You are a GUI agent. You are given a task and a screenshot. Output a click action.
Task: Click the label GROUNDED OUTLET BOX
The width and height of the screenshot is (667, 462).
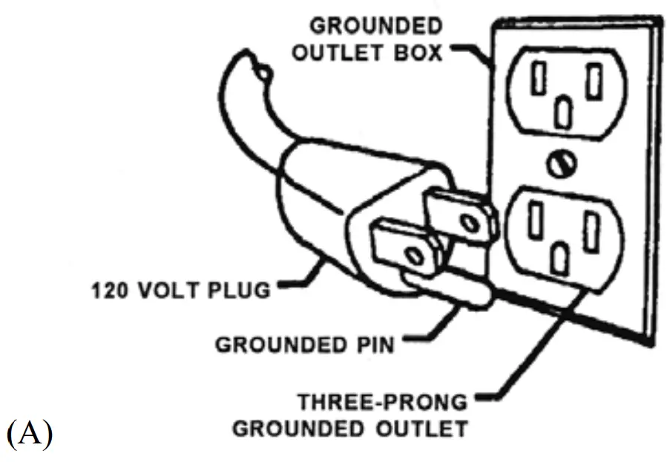pos(375,39)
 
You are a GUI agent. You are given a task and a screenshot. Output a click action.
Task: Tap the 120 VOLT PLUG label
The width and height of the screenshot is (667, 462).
pos(181,289)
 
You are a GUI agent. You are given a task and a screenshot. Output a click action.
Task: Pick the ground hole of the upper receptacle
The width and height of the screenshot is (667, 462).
pos(565,111)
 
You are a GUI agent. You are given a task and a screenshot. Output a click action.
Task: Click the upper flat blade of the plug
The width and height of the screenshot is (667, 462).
pos(460,216)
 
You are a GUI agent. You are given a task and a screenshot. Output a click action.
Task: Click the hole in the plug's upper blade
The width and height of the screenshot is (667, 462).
pos(472,221)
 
